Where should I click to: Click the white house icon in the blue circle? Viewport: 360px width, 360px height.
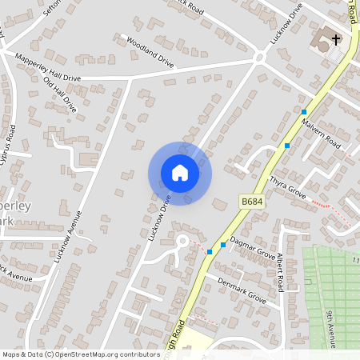[x=180, y=173]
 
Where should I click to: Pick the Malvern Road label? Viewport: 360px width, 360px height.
[x=322, y=134]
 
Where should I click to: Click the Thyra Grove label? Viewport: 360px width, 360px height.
[x=289, y=188]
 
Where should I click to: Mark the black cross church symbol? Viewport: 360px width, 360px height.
[x=336, y=38]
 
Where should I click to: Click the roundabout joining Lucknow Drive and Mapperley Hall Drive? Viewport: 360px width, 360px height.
[x=258, y=58]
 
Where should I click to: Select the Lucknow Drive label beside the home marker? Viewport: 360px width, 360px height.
[x=160, y=214]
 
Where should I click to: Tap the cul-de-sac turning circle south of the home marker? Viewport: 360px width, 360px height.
[x=182, y=241]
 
